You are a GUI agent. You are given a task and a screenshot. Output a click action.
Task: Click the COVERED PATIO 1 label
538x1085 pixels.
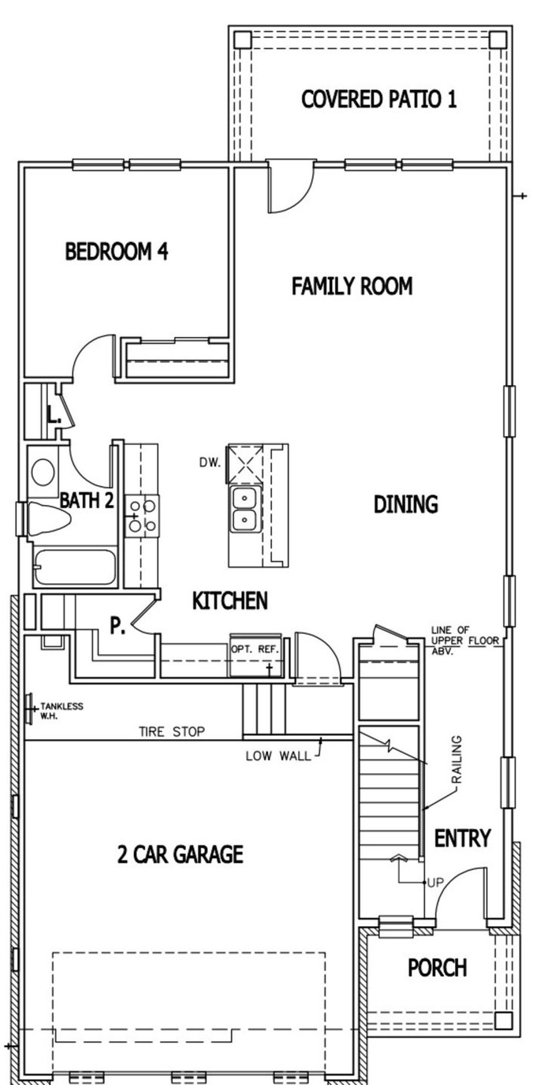[x=379, y=99]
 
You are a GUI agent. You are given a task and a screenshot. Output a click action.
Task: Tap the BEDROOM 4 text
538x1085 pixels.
[x=116, y=251]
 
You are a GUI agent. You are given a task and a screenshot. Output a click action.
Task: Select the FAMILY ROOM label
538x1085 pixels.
[x=352, y=286]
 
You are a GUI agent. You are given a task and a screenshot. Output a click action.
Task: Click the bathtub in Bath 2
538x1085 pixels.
[x=75, y=567]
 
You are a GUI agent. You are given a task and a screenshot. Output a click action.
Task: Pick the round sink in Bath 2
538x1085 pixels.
[x=43, y=472]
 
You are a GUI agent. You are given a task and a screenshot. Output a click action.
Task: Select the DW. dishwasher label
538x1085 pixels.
[x=210, y=463]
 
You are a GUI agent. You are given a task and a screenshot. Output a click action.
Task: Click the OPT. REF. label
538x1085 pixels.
[x=255, y=649]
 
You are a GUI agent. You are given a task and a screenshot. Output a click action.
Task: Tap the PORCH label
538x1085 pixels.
[x=437, y=968]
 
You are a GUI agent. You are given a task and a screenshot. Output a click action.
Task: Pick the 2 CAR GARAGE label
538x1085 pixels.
[x=180, y=855]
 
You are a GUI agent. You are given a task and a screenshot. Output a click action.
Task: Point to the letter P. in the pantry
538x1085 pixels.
[x=117, y=625]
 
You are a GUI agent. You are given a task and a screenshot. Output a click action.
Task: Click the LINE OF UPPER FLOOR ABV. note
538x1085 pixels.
[x=464, y=641]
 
